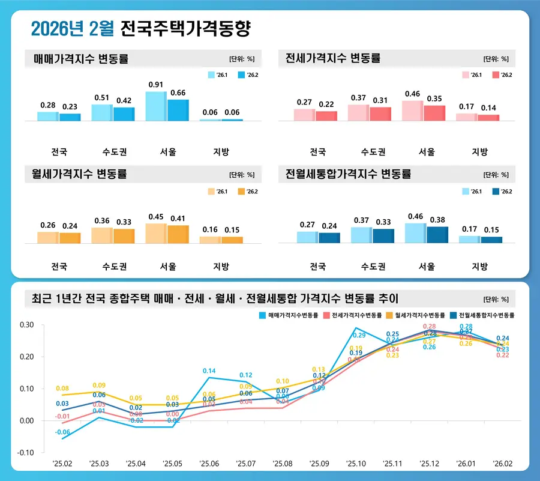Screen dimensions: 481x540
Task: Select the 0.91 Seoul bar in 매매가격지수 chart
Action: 156,106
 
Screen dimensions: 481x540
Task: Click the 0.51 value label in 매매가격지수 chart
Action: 101,98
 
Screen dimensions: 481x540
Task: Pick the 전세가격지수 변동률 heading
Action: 333,58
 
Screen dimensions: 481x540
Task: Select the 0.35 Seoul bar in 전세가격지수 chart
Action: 434,113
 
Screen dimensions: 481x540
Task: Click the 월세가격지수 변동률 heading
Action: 79,175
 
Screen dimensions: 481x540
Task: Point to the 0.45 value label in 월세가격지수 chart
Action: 155,217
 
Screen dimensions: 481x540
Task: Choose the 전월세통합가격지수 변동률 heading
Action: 348,175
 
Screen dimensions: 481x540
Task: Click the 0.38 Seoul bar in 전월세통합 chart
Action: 437,235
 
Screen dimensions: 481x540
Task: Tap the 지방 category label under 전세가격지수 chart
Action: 481,151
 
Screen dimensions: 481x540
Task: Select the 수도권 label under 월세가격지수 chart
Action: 114,266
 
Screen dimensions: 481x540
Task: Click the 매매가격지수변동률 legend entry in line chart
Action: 289,315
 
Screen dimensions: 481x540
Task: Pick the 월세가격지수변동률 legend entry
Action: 415,315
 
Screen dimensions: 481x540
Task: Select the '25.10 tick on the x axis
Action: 356,464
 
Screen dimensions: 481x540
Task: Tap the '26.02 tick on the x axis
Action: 503,464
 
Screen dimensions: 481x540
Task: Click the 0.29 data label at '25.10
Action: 359,336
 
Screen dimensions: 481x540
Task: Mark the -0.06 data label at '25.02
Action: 63,432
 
